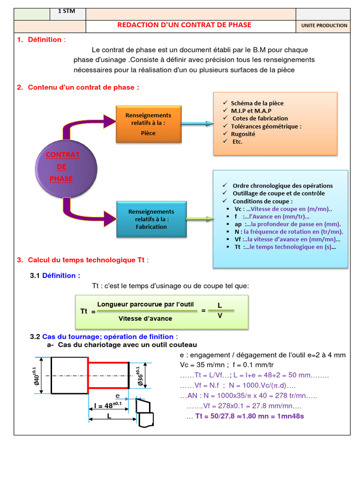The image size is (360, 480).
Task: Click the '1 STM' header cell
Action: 67,12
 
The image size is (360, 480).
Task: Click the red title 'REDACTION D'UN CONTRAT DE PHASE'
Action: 184,25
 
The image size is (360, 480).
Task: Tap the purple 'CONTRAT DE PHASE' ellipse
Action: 66,166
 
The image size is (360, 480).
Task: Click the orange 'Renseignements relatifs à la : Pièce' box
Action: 148,124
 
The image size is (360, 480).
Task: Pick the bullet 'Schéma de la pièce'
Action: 257,103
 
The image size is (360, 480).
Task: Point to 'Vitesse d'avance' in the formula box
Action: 145,318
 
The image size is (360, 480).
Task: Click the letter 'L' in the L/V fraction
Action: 220,305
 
